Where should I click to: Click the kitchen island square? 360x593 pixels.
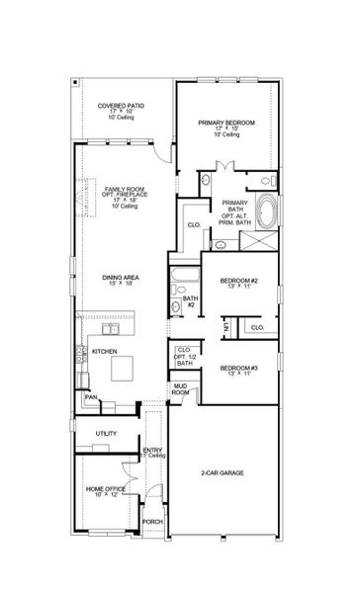[x=127, y=368]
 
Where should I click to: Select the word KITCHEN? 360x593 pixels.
[x=105, y=352]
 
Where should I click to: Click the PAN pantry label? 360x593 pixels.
[x=89, y=398]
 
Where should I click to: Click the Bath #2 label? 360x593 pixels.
[x=189, y=300]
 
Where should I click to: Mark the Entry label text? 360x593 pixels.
[x=152, y=452]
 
